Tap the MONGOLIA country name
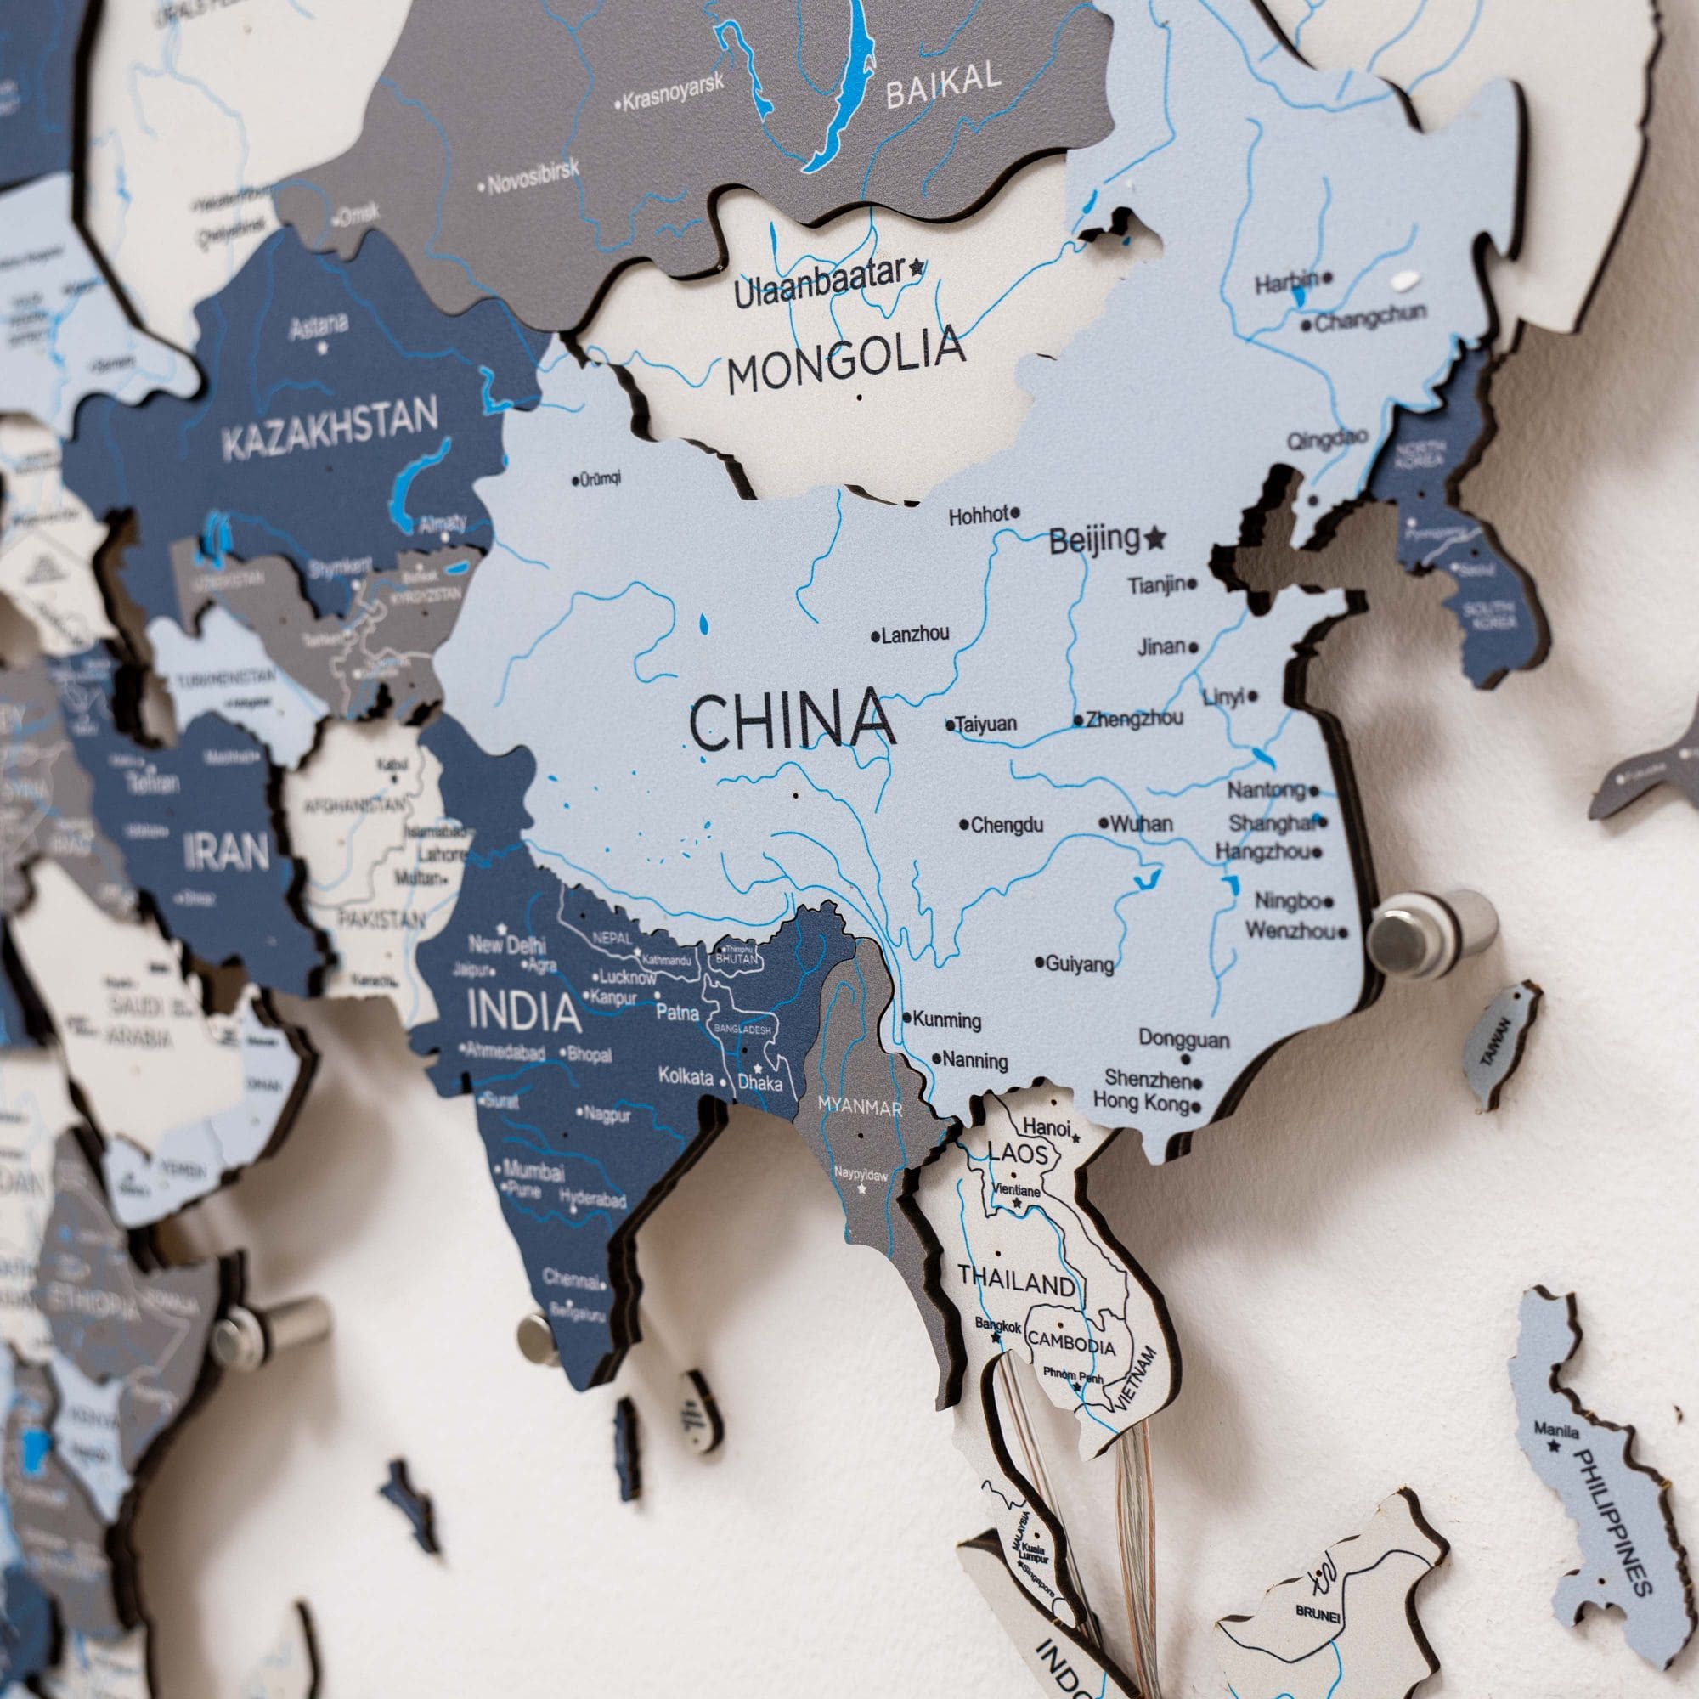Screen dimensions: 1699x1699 (845, 359)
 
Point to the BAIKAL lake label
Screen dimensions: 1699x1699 (943, 84)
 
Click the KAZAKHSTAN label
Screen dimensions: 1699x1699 (330, 432)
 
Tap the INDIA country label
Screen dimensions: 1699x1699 (524, 1011)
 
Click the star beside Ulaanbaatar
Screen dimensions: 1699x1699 (918, 266)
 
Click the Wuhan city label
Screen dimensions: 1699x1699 (1141, 824)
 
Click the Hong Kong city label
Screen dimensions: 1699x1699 (1141, 1101)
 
